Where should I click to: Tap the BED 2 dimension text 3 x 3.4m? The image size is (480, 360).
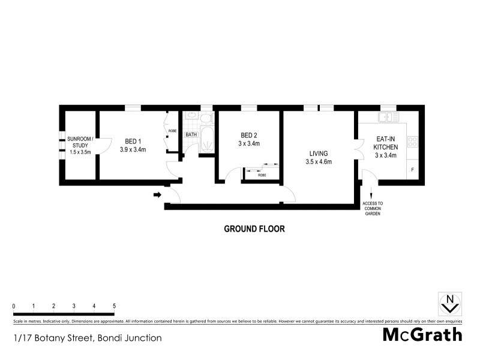pyautogui.click(x=249, y=144)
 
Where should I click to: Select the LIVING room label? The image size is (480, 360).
pyautogui.click(x=319, y=154)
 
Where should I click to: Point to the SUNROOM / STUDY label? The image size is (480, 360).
pyautogui.click(x=79, y=142)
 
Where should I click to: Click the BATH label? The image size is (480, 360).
pyautogui.click(x=191, y=134)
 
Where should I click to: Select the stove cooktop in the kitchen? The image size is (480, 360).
pyautogui.click(x=412, y=142)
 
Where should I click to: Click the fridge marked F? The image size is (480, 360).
pyautogui.click(x=412, y=170)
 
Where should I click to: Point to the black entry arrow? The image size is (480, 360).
pyautogui.click(x=158, y=194)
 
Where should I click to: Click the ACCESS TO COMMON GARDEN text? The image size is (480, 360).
pyautogui.click(x=373, y=208)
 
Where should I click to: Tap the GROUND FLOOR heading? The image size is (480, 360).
pyautogui.click(x=254, y=229)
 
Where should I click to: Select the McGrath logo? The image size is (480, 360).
pyautogui.click(x=422, y=334)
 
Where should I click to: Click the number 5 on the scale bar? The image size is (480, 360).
pyautogui.click(x=114, y=306)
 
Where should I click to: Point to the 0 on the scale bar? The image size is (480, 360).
pyautogui.click(x=14, y=306)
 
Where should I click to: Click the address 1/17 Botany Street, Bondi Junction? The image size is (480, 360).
pyautogui.click(x=87, y=338)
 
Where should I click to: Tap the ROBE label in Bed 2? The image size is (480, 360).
pyautogui.click(x=262, y=175)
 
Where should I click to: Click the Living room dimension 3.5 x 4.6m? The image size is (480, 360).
pyautogui.click(x=319, y=162)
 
